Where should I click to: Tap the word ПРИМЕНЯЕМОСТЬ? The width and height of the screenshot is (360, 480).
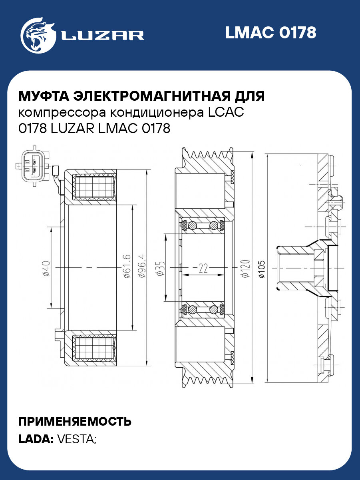coord(75,421)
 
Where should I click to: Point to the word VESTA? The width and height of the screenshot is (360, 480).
coord(76,439)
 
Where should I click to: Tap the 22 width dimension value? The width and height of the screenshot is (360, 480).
coord(203,269)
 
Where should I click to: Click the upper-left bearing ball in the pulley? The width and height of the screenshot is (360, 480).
coord(193,225)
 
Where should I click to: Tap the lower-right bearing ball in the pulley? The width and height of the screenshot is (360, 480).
coord(214,309)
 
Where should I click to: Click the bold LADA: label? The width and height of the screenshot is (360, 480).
coord(36,439)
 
